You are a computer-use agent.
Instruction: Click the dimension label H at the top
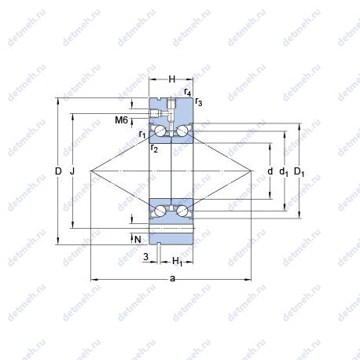click(x=172, y=79)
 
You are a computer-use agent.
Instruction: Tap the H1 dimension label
click(x=178, y=262)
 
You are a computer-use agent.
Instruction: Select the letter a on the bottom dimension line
click(x=172, y=279)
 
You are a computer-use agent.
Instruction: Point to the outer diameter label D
click(x=58, y=171)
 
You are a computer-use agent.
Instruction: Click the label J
click(x=72, y=171)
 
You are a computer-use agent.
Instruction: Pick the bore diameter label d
click(x=270, y=171)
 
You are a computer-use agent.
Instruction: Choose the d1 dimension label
click(x=284, y=172)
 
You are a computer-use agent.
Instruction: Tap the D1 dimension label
click(x=299, y=172)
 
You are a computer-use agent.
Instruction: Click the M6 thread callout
click(x=122, y=120)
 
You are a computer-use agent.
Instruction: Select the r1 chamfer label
click(x=142, y=134)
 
